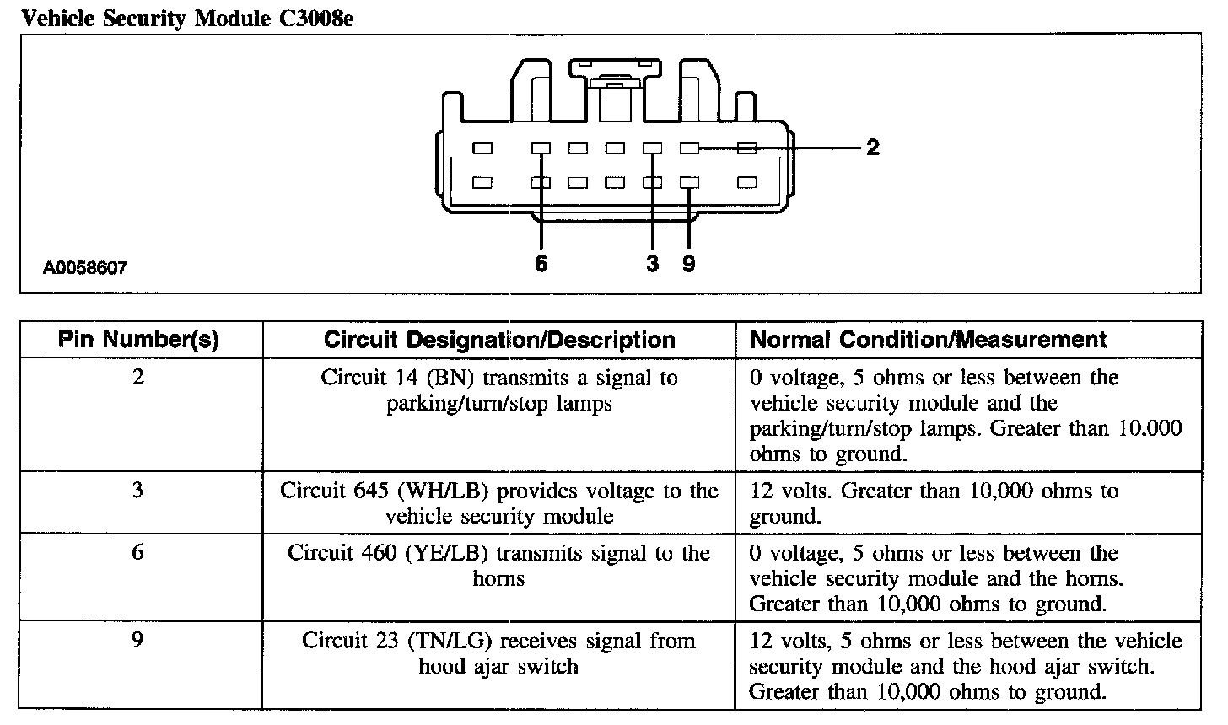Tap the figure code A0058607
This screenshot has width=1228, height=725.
85,269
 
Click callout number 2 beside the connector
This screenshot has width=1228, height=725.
873,148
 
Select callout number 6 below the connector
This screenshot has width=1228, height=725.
541,264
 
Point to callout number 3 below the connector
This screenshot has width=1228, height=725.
652,264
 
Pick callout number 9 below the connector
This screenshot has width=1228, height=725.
689,264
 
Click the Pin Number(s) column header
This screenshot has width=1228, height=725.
138,340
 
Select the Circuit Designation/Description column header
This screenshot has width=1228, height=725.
499,340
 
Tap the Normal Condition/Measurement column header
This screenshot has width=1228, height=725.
928,340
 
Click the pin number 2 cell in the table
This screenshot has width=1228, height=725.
138,377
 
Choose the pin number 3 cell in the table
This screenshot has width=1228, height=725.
138,490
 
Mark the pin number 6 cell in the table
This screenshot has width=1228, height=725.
138,552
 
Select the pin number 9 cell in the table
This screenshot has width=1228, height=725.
138,640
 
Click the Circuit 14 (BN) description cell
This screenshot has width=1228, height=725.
499,390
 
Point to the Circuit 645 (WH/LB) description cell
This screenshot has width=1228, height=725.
499,503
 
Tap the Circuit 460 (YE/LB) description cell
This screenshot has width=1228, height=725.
499,566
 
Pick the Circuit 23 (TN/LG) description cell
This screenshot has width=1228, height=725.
499,653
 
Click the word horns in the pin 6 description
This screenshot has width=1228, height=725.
498,579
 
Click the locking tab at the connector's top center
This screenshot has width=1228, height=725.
615,81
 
